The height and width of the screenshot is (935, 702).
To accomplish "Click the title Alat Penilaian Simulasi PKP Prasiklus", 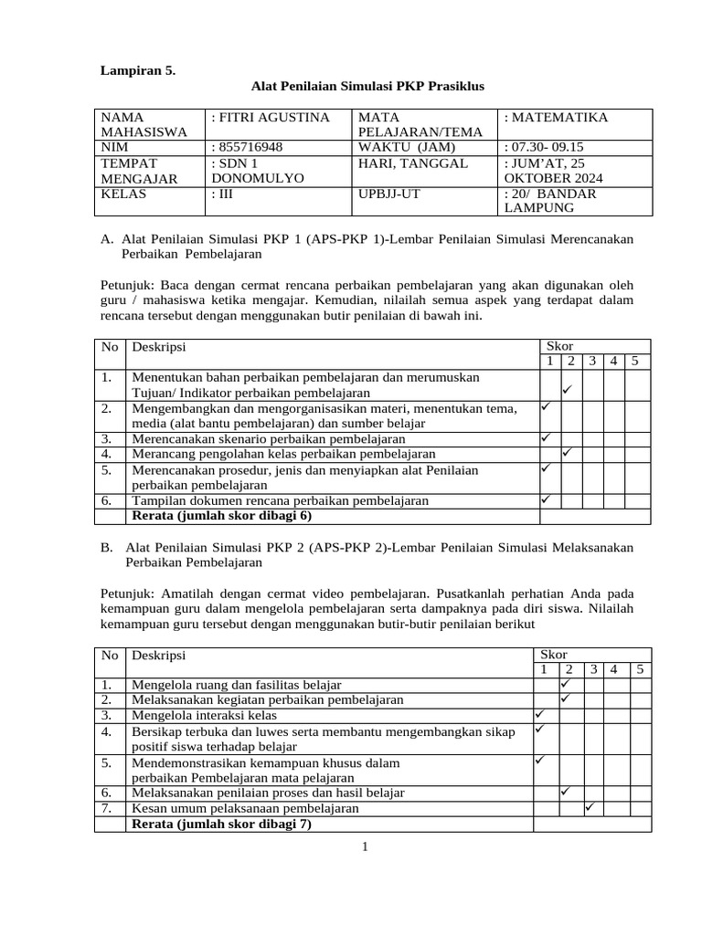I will pos(367,86).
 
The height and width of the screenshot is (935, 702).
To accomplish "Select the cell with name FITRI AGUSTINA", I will pos(270,118).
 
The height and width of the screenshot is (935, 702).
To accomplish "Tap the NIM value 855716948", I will pos(247,147).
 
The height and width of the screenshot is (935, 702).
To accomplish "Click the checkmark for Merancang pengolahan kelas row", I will pos(567,452).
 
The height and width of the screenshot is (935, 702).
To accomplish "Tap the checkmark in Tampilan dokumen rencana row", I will pos(545,499).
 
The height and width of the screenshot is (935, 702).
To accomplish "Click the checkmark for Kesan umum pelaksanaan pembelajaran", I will pos(590,806).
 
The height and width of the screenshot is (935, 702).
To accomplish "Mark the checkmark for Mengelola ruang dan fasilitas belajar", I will pos(567,682).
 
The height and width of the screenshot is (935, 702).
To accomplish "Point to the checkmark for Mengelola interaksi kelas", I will pos(540,712).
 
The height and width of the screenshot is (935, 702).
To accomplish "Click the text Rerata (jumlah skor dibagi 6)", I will pos(222,516).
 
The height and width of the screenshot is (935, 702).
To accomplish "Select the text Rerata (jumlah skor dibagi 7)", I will pos(222,824).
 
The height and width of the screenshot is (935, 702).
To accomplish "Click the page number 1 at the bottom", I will pos(365,847).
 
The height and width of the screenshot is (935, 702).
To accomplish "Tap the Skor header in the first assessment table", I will pos(558,346).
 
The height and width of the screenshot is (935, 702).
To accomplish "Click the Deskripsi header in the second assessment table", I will pos(159,656).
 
